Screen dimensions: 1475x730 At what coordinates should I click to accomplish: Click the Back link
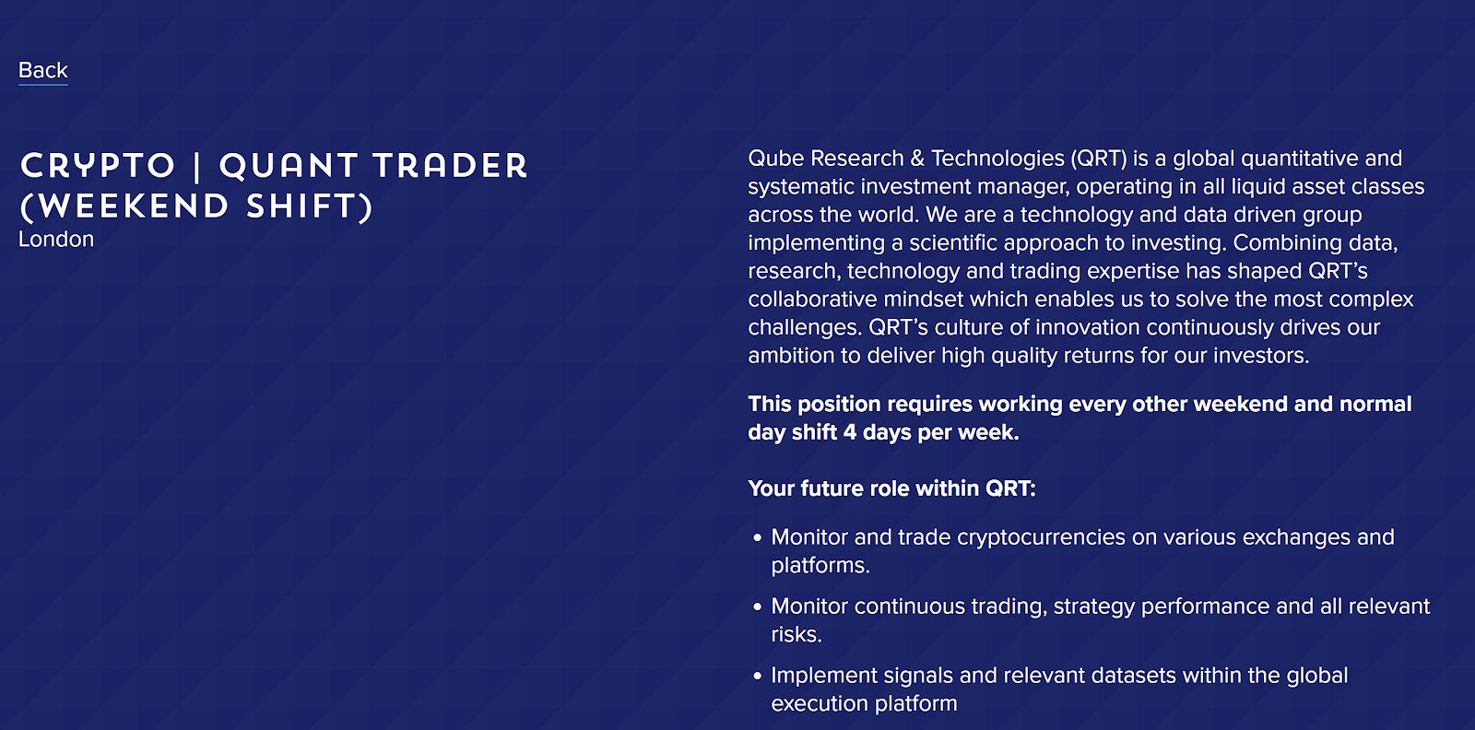pos(42,70)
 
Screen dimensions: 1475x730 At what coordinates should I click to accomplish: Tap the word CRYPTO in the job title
pos(98,165)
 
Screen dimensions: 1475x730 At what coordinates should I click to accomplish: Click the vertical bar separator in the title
pos(197,166)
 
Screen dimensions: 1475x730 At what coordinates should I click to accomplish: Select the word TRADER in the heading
pos(451,165)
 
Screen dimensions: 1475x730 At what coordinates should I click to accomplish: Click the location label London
pos(56,240)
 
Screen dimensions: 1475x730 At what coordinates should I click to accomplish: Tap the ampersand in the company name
pos(917,159)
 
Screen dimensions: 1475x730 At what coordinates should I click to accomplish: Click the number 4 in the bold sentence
pos(850,432)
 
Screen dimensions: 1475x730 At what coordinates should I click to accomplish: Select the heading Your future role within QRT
pos(891,489)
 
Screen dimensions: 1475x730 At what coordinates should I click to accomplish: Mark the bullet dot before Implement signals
pos(757,676)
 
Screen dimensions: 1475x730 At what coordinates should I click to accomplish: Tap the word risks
pos(796,635)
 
